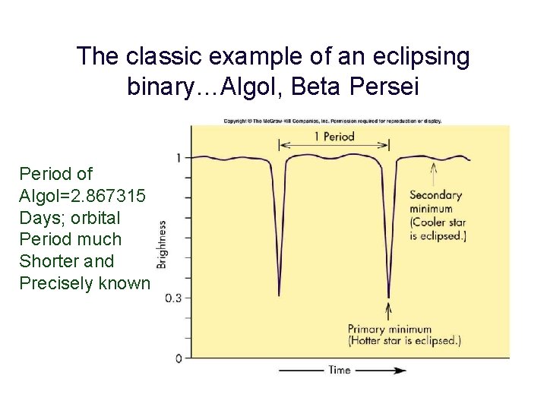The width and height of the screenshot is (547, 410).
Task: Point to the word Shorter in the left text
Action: (48, 261)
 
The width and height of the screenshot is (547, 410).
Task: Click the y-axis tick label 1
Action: (178, 157)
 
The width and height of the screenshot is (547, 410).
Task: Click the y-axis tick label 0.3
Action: (174, 298)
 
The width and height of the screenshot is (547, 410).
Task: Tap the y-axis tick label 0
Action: (178, 358)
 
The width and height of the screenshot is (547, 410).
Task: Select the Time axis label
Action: (339, 370)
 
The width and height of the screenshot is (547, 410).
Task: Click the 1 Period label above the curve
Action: (334, 137)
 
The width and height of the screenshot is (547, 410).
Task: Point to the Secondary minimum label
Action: (438, 209)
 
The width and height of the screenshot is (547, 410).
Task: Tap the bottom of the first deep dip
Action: (279, 293)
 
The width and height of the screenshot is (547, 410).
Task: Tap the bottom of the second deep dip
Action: (388, 295)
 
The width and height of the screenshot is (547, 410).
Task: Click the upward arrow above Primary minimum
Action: (389, 311)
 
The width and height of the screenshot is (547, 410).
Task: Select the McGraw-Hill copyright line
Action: (333, 120)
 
